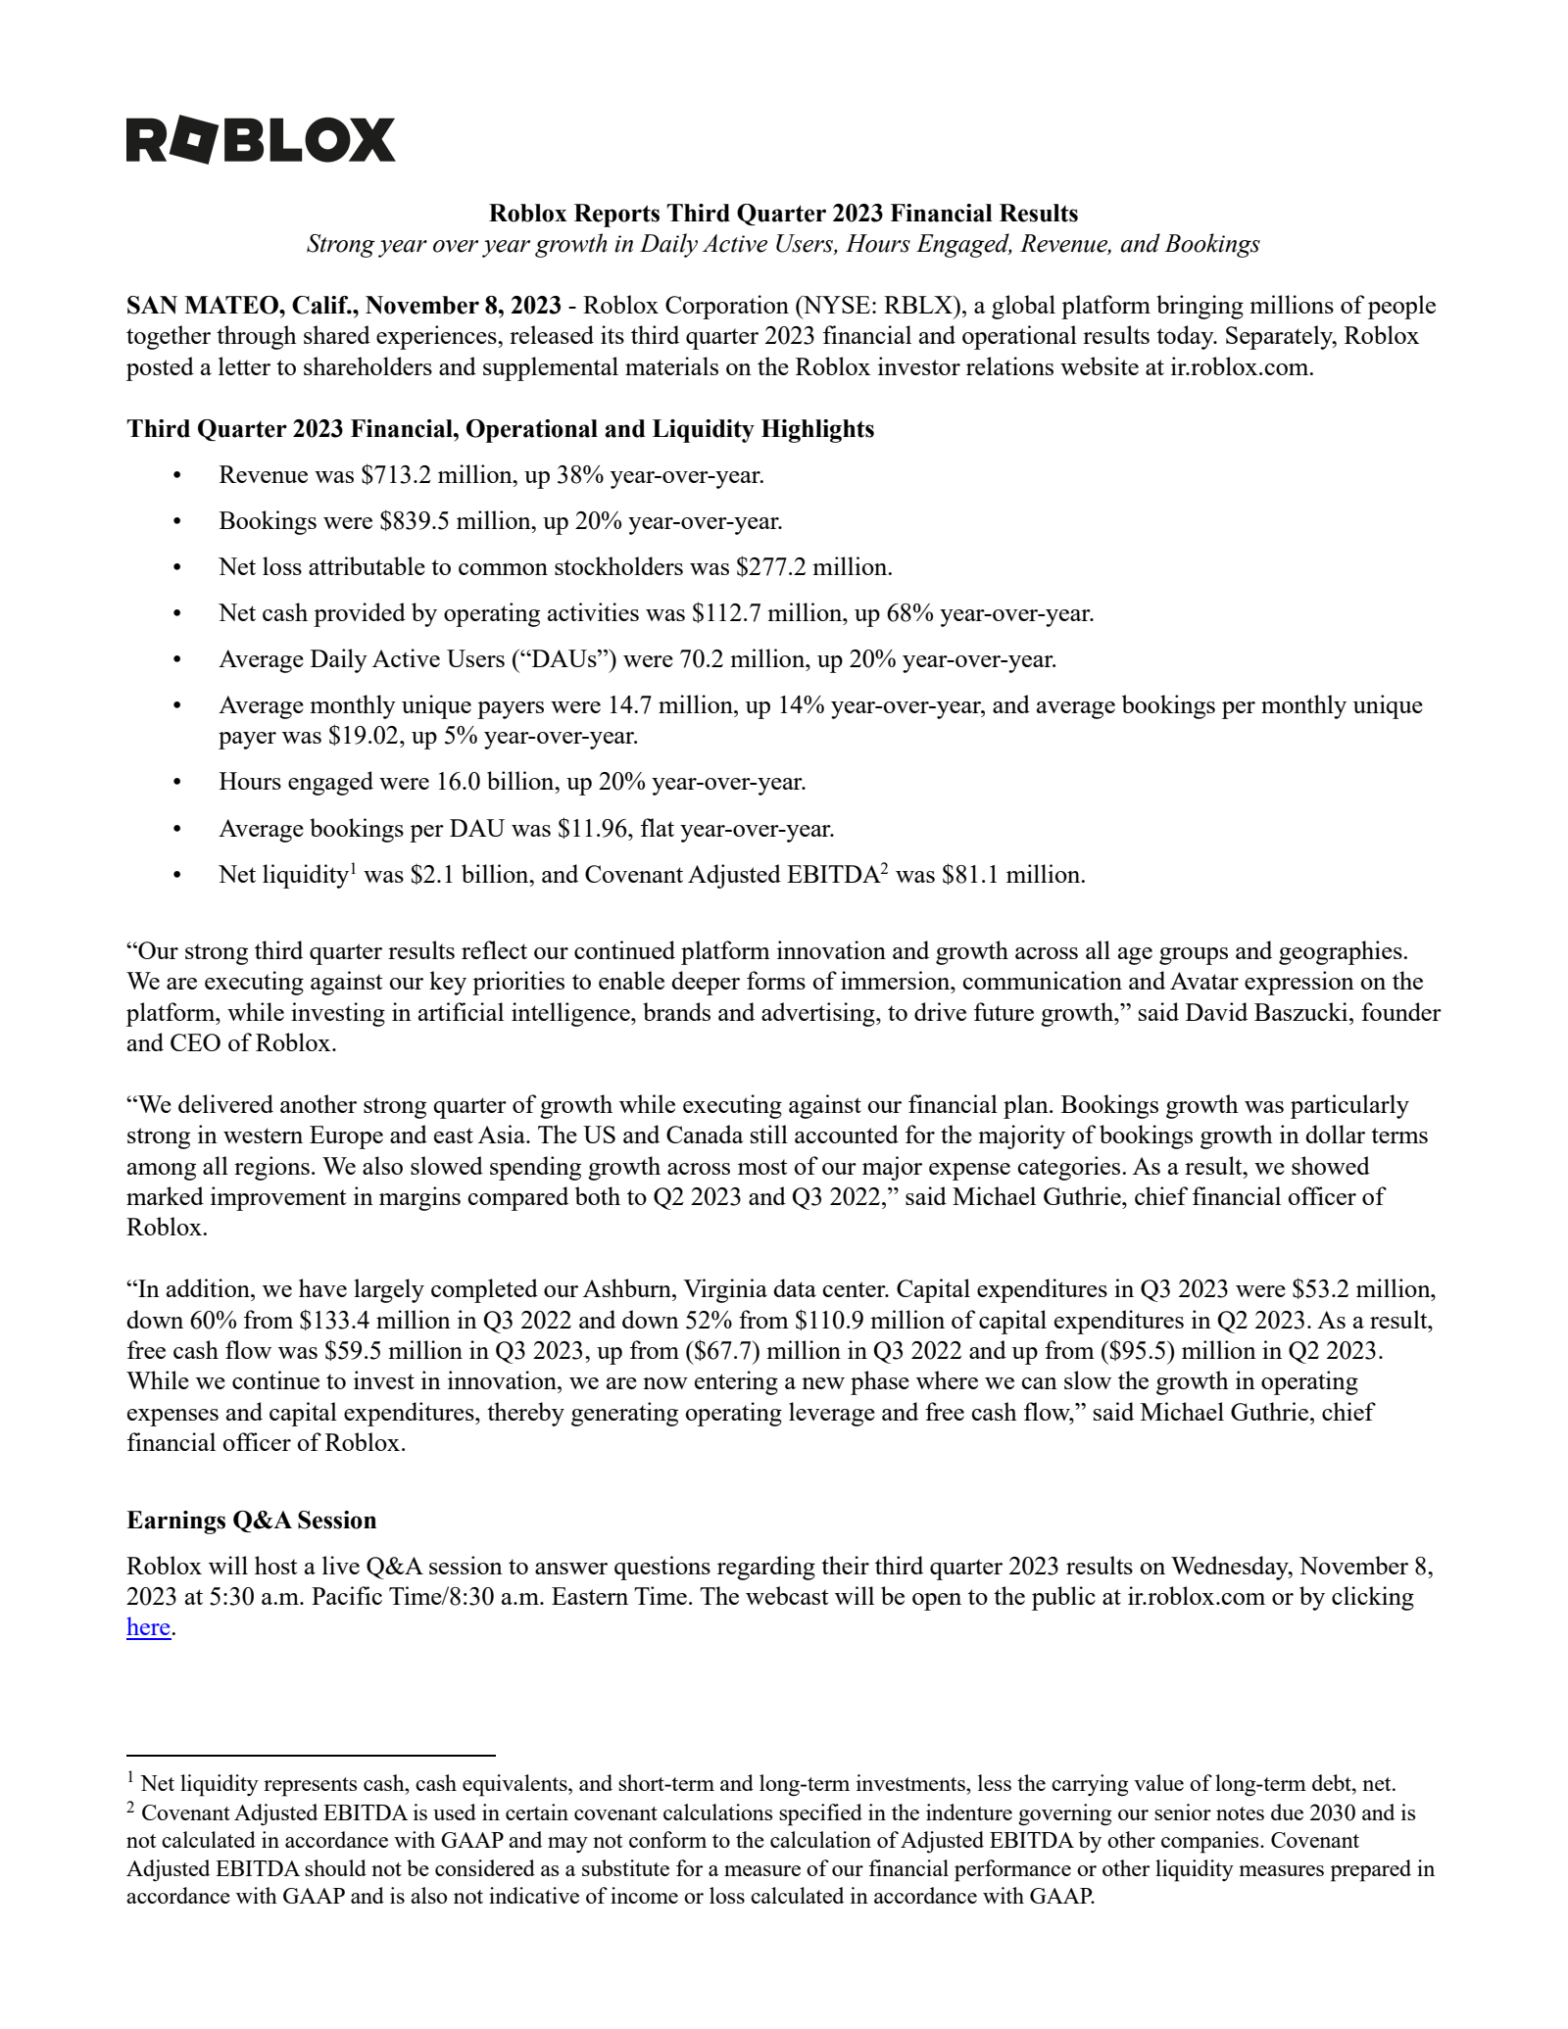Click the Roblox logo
[261, 140]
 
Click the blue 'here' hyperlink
[148, 1627]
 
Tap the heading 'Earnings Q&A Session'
[252, 1520]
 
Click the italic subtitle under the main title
[783, 244]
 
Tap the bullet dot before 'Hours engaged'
[177, 782]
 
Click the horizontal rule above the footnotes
[311, 1756]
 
